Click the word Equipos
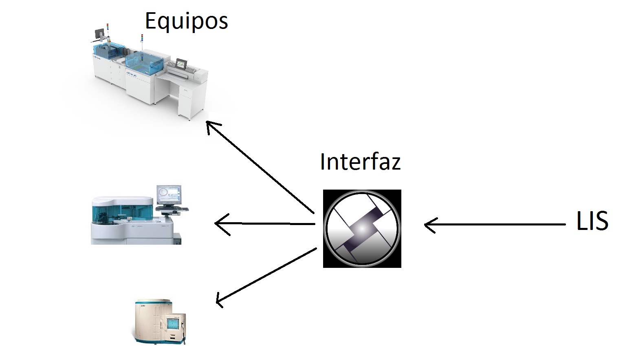point(186,21)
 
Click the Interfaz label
point(360,161)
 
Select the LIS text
point(592,221)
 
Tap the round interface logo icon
point(362,228)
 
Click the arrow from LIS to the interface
point(493,224)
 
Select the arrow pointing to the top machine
point(261,167)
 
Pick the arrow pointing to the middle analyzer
point(265,223)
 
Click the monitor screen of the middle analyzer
point(169,194)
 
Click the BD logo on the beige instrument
point(143,306)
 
